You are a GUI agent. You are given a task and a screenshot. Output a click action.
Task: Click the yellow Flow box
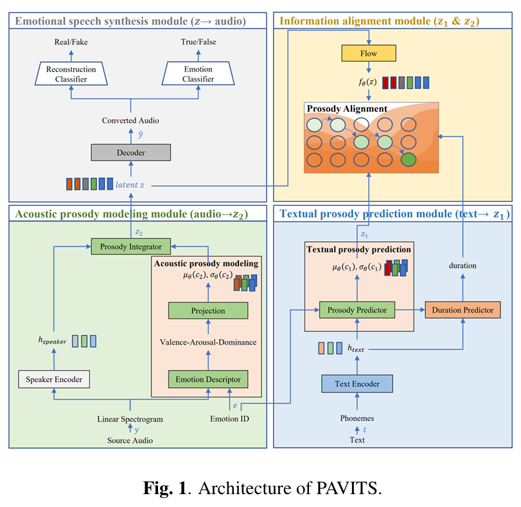tap(369, 52)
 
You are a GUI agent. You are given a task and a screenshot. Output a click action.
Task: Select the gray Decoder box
tap(130, 152)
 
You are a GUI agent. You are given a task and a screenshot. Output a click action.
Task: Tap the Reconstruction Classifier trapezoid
tap(71, 75)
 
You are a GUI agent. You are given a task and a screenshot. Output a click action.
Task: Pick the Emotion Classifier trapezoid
tap(198, 75)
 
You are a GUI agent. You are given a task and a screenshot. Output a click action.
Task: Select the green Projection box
tap(208, 311)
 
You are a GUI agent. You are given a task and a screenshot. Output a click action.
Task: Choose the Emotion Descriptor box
tap(208, 379)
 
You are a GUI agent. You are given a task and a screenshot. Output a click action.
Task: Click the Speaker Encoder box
tap(54, 379)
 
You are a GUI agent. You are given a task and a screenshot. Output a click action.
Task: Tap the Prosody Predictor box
tap(357, 310)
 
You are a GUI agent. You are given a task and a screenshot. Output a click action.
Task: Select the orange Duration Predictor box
tap(463, 310)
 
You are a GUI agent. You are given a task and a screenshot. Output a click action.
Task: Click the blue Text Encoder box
tap(357, 384)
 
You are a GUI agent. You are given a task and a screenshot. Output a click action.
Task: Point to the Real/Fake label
tap(71, 42)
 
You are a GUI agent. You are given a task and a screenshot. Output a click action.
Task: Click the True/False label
tap(198, 42)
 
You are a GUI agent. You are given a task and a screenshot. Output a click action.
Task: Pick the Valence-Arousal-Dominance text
tap(208, 342)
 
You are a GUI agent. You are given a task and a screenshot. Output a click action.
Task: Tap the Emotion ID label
tap(229, 419)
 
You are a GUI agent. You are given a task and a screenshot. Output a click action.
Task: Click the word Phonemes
tap(357, 418)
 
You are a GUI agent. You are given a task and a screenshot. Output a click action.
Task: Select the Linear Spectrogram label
tap(130, 419)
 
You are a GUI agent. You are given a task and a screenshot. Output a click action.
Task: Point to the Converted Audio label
tap(130, 120)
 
